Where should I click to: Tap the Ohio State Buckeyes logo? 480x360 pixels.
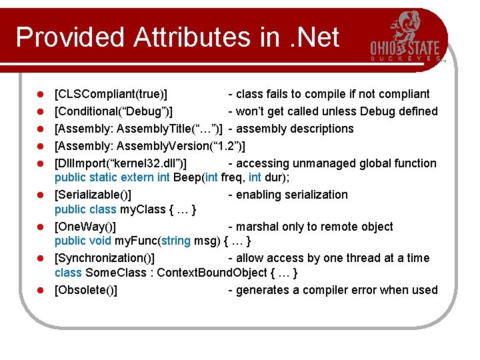coord(406,37)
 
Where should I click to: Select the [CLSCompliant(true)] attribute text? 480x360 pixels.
coord(111,94)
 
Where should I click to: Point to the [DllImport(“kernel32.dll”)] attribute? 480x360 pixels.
coord(121,163)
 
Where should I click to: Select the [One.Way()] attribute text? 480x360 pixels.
coord(85,227)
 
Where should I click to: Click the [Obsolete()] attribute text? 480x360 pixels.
coord(86,290)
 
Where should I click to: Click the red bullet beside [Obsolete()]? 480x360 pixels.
coord(40,291)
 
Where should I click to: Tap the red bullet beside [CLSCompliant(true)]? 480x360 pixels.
coord(40,95)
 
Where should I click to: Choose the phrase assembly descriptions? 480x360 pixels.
coord(295,129)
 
